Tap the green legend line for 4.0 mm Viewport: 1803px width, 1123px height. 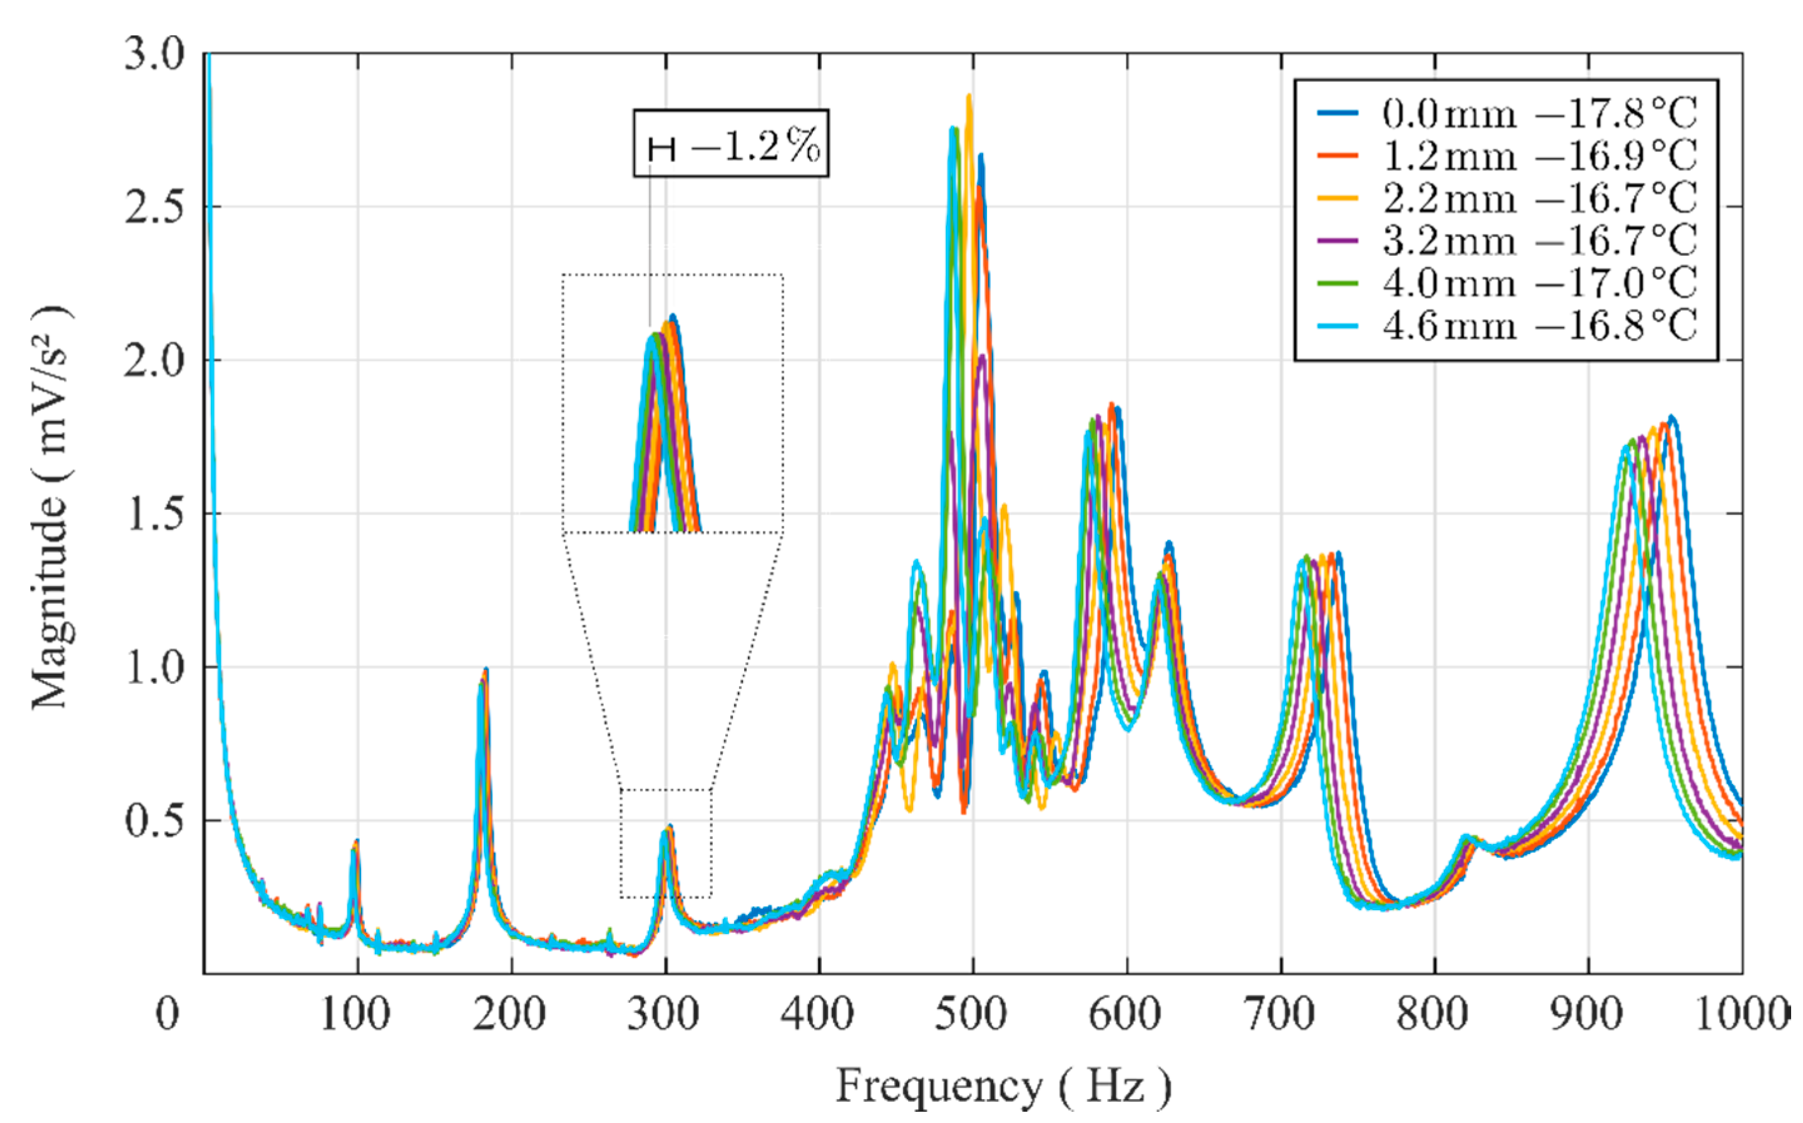pyautogui.click(x=1338, y=283)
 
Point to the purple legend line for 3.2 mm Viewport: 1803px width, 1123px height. pyautogui.click(x=1338, y=241)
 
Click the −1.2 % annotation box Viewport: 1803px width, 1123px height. pyautogui.click(x=730, y=144)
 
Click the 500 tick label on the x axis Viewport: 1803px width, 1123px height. pyautogui.click(x=972, y=1014)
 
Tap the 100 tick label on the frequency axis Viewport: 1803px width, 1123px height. pyautogui.click(x=355, y=1014)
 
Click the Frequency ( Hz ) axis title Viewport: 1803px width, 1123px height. pyautogui.click(x=1003, y=1086)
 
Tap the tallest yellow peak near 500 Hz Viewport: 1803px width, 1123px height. pyautogui.click(x=969, y=96)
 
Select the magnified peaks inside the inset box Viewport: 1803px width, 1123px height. pyautogui.click(x=663, y=416)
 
